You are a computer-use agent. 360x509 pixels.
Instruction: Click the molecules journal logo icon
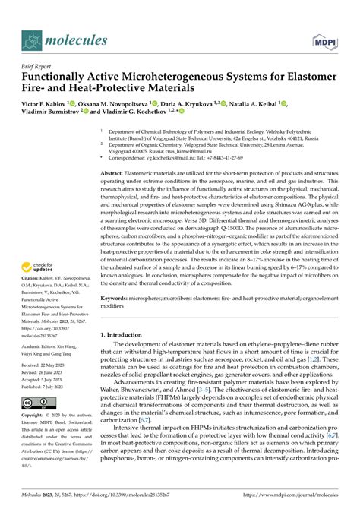(x=32, y=39)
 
